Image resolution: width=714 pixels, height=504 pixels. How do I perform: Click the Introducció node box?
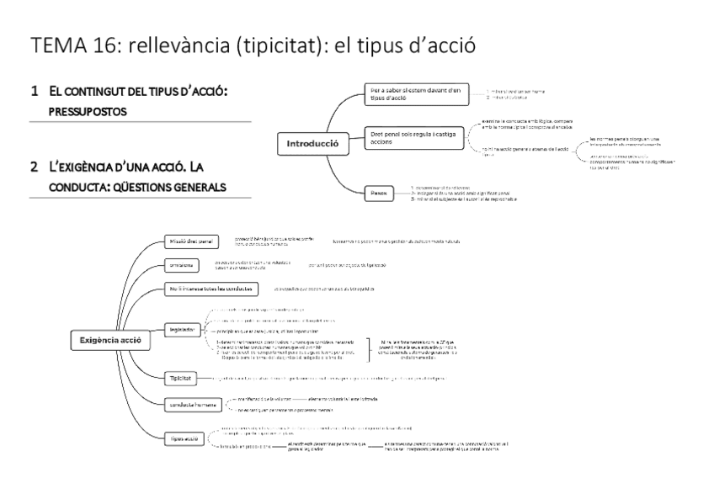tap(312, 143)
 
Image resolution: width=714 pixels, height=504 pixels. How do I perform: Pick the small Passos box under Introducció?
tap(380, 194)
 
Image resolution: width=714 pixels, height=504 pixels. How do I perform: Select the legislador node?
tap(184, 329)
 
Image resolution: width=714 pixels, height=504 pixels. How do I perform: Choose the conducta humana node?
tap(194, 404)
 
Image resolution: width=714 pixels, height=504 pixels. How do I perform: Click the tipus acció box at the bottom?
tap(184, 439)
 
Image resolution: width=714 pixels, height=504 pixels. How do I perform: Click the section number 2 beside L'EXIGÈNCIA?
tap(34, 167)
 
